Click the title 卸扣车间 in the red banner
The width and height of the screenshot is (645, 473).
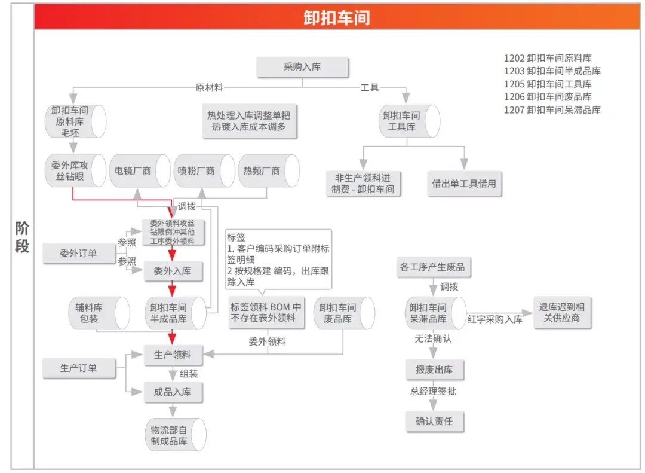coord(336,17)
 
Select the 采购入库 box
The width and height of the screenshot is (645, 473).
coord(302,67)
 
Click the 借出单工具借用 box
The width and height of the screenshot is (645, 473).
coord(464,184)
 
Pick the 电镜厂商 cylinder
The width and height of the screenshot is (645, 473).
coord(138,170)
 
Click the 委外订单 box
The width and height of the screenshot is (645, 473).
coord(78,254)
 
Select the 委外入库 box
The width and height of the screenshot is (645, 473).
coord(173,271)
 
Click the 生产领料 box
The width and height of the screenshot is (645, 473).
coord(173,355)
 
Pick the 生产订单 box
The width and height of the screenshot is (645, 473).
coord(78,368)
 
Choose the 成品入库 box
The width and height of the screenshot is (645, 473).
coord(173,392)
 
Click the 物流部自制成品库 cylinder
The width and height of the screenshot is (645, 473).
coord(173,435)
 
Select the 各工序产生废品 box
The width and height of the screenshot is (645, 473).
coord(432,267)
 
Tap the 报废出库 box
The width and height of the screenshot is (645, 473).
coord(434,370)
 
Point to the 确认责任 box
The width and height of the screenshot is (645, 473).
coord(434,421)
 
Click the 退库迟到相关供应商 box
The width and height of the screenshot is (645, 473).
coord(562,313)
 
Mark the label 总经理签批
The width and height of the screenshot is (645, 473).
coord(433,392)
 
